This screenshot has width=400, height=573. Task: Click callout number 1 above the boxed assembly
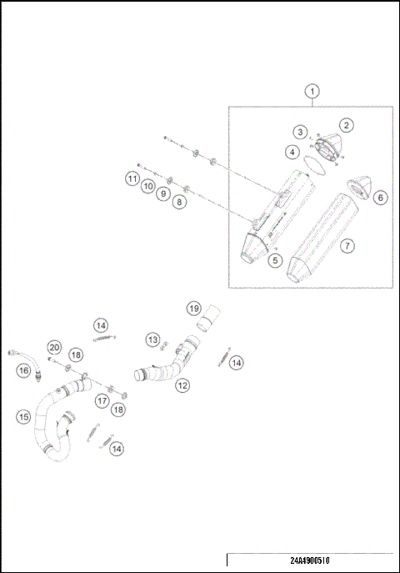(x=312, y=90)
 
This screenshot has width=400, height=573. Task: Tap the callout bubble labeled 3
(x=299, y=132)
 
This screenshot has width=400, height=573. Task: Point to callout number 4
(x=291, y=152)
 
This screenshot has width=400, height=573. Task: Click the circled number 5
(x=276, y=260)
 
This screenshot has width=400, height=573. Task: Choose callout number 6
(x=380, y=198)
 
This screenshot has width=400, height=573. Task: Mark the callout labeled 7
(x=347, y=245)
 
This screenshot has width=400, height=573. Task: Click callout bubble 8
(x=180, y=202)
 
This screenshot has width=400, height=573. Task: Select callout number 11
(x=132, y=178)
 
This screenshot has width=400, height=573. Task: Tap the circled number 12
(x=182, y=385)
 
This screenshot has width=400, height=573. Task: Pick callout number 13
(x=152, y=339)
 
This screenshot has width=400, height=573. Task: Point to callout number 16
(x=23, y=369)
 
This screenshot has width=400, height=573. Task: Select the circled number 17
(x=102, y=401)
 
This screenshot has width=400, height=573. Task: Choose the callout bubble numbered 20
(x=53, y=346)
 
